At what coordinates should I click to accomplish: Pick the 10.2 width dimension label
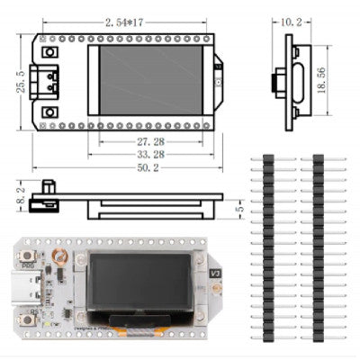tap(292, 20)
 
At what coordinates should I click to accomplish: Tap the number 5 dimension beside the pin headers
tap(238, 210)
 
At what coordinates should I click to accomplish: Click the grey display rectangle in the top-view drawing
tap(149, 79)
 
